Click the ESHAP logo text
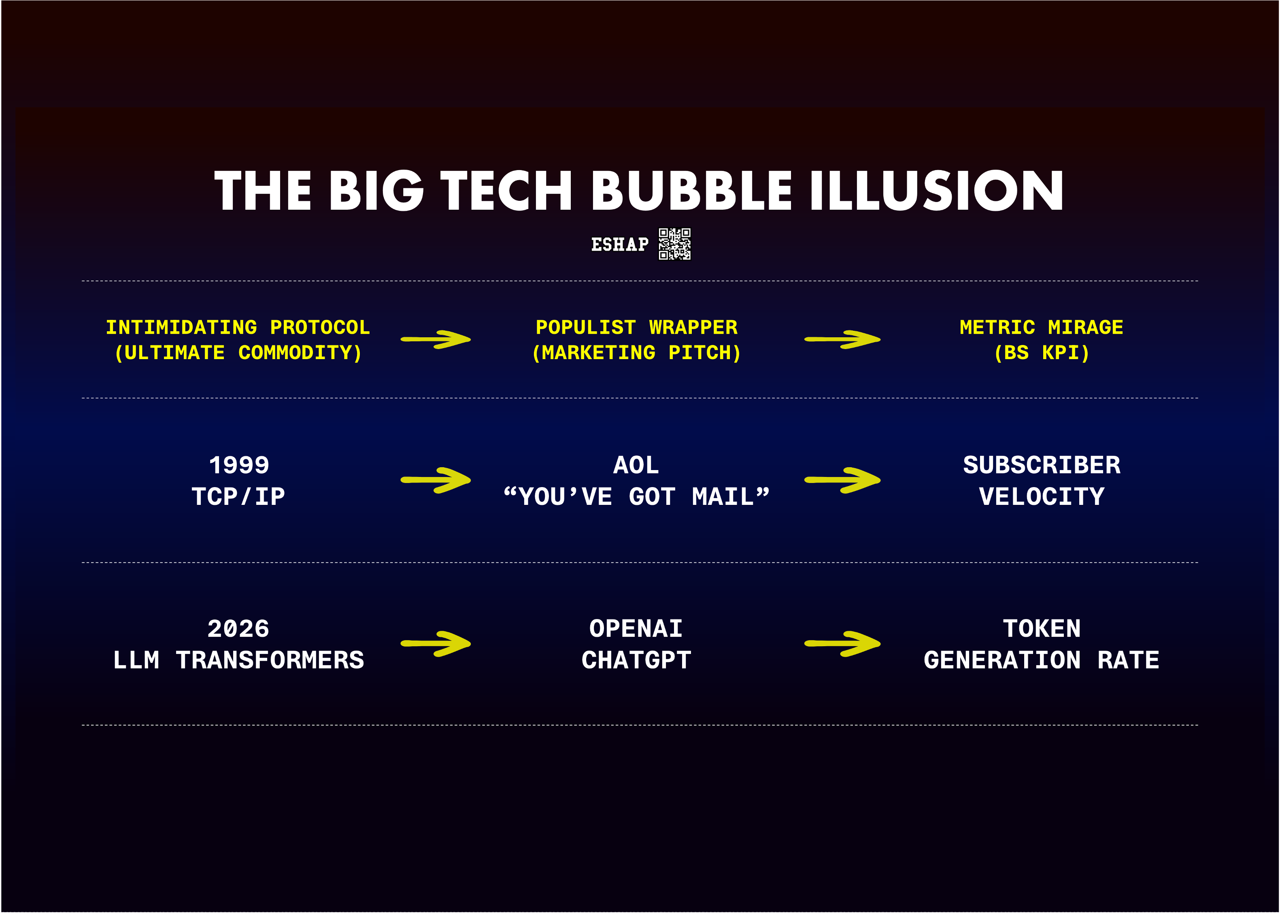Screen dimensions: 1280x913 click(619, 245)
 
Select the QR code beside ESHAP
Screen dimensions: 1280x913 click(674, 244)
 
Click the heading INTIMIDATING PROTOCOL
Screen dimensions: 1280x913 click(238, 327)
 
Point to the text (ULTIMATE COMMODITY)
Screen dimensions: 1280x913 click(238, 353)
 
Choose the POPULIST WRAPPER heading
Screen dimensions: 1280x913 click(636, 327)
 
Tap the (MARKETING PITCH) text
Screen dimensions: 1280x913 click(636, 353)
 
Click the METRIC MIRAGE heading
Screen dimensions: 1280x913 click(1041, 327)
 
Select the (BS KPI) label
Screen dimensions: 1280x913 click(1041, 353)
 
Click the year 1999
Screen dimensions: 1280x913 click(239, 465)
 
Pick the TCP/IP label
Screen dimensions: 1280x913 click(238, 496)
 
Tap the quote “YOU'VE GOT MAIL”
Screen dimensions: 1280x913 click(636, 496)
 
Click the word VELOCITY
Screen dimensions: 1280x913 click(1042, 496)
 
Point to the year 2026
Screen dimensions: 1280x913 click(238, 628)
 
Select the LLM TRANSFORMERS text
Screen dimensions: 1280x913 click(238, 660)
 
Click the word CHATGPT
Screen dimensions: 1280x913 click(636, 660)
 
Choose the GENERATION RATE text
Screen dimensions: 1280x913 click(1041, 660)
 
